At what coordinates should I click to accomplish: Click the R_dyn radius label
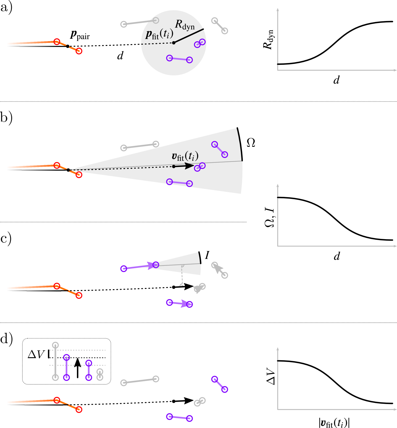click(x=185, y=25)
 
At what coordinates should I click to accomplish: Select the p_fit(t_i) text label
click(x=159, y=34)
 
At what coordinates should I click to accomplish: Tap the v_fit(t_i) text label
click(x=185, y=156)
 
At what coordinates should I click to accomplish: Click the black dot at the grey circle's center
click(x=174, y=43)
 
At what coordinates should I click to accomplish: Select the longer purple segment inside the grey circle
click(x=180, y=59)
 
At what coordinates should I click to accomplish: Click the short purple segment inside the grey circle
click(x=200, y=43)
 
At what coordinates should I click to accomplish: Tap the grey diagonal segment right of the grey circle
click(x=220, y=26)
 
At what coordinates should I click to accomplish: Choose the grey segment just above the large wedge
click(x=140, y=146)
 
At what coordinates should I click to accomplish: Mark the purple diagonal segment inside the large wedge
click(x=220, y=149)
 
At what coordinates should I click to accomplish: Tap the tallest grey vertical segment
click(x=55, y=361)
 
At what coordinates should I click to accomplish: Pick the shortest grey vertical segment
click(x=100, y=374)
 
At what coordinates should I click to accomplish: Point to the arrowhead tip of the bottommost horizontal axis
click(x=396, y=410)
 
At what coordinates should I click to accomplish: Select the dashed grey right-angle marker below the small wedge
click(x=182, y=275)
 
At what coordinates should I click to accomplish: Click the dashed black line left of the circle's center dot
click(x=157, y=44)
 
